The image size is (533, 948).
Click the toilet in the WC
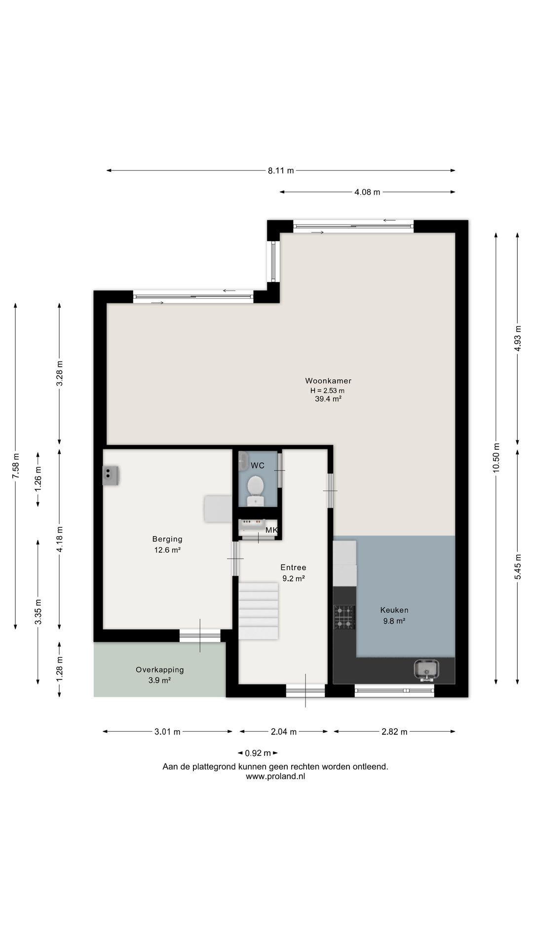[x=255, y=490]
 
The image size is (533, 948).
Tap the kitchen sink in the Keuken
[x=426, y=670]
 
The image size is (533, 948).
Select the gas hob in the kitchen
[x=344, y=617]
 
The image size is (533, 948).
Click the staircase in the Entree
[x=258, y=611]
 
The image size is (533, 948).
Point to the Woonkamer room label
[x=328, y=381]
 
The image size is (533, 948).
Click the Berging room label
[x=167, y=539]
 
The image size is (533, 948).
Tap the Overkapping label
[x=160, y=670]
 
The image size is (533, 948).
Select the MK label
[x=271, y=530]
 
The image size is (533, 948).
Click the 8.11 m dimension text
[x=281, y=171]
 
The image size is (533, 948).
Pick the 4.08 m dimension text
[x=367, y=192]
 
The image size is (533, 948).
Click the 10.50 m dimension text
[x=496, y=458]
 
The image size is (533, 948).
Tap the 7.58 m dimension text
[x=16, y=465]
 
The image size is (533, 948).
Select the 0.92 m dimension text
[x=258, y=753]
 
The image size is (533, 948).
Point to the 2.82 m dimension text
[x=394, y=732]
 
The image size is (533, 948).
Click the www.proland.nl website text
[x=275, y=776]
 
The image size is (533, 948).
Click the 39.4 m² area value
[x=328, y=399]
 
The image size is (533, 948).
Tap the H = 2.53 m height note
[x=327, y=390]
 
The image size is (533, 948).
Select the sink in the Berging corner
[x=111, y=475]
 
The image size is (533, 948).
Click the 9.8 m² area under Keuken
[x=394, y=621]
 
